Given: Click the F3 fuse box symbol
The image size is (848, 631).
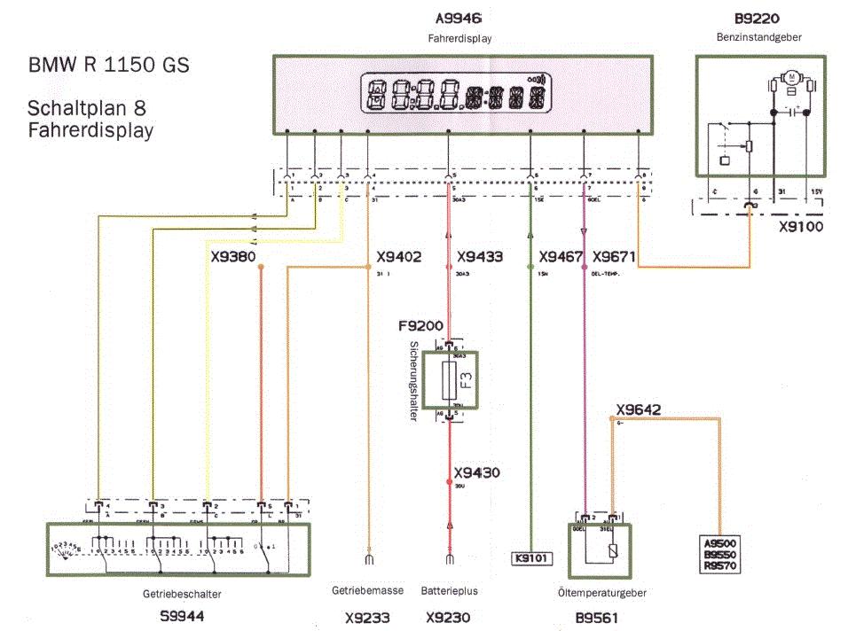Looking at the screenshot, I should pyautogui.click(x=450, y=381).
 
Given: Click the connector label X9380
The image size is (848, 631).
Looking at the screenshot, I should pyautogui.click(x=233, y=258).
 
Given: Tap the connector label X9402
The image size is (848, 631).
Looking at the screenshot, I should pyautogui.click(x=398, y=258).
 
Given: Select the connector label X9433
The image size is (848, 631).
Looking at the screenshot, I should pyautogui.click(x=480, y=258).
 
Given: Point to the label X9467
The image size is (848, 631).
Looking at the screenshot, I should pyautogui.click(x=560, y=258).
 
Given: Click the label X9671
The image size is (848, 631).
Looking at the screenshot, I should pyautogui.click(x=614, y=258).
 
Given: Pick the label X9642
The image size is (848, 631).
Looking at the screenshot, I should pyautogui.click(x=638, y=409).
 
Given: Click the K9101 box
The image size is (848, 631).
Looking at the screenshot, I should pyautogui.click(x=530, y=558).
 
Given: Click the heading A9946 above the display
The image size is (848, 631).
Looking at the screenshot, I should pyautogui.click(x=459, y=19).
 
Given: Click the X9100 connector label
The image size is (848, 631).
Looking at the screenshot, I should pyautogui.click(x=800, y=227).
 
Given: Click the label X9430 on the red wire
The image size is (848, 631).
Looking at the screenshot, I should pyautogui.click(x=476, y=473).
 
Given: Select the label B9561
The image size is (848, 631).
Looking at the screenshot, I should pyautogui.click(x=595, y=618).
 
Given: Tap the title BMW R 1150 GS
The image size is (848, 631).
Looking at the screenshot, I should pyautogui.click(x=108, y=66).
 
